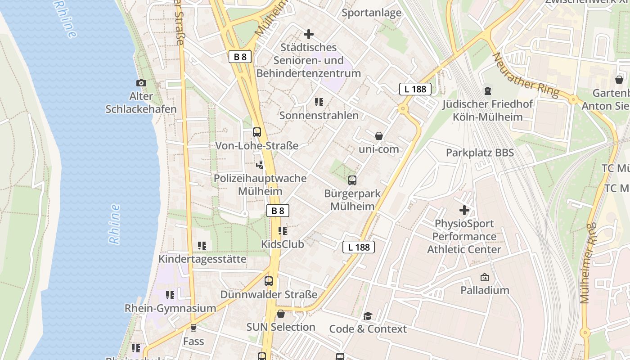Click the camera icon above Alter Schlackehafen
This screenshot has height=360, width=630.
[x=141, y=83]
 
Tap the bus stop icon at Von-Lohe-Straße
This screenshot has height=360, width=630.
[x=257, y=132]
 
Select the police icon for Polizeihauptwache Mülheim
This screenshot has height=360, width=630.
[x=260, y=165]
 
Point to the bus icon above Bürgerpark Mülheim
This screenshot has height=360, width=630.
[x=352, y=180]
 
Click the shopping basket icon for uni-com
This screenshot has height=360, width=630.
[x=379, y=135]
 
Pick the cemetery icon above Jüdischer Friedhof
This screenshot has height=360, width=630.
[x=487, y=91]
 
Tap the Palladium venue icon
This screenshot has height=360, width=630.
[x=485, y=277]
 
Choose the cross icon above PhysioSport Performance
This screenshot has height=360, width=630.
[x=464, y=210]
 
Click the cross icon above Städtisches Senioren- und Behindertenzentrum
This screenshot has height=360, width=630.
[x=309, y=34]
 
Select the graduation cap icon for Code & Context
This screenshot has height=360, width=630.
[x=368, y=316]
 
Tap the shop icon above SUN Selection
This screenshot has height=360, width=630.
[x=281, y=314]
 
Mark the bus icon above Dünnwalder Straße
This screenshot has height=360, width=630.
[x=269, y=281]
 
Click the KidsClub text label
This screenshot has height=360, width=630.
[x=283, y=244]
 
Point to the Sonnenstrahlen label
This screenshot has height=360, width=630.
[x=319, y=115]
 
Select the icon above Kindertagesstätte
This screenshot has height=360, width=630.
[x=202, y=246]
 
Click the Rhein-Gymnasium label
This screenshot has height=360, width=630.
[x=170, y=308]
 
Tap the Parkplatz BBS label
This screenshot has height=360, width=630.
[x=480, y=153]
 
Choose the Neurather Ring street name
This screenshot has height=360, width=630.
[x=525, y=75]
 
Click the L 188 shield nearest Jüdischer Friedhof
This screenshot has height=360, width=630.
[x=415, y=89]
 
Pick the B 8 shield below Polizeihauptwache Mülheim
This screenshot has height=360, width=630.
[x=278, y=211]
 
